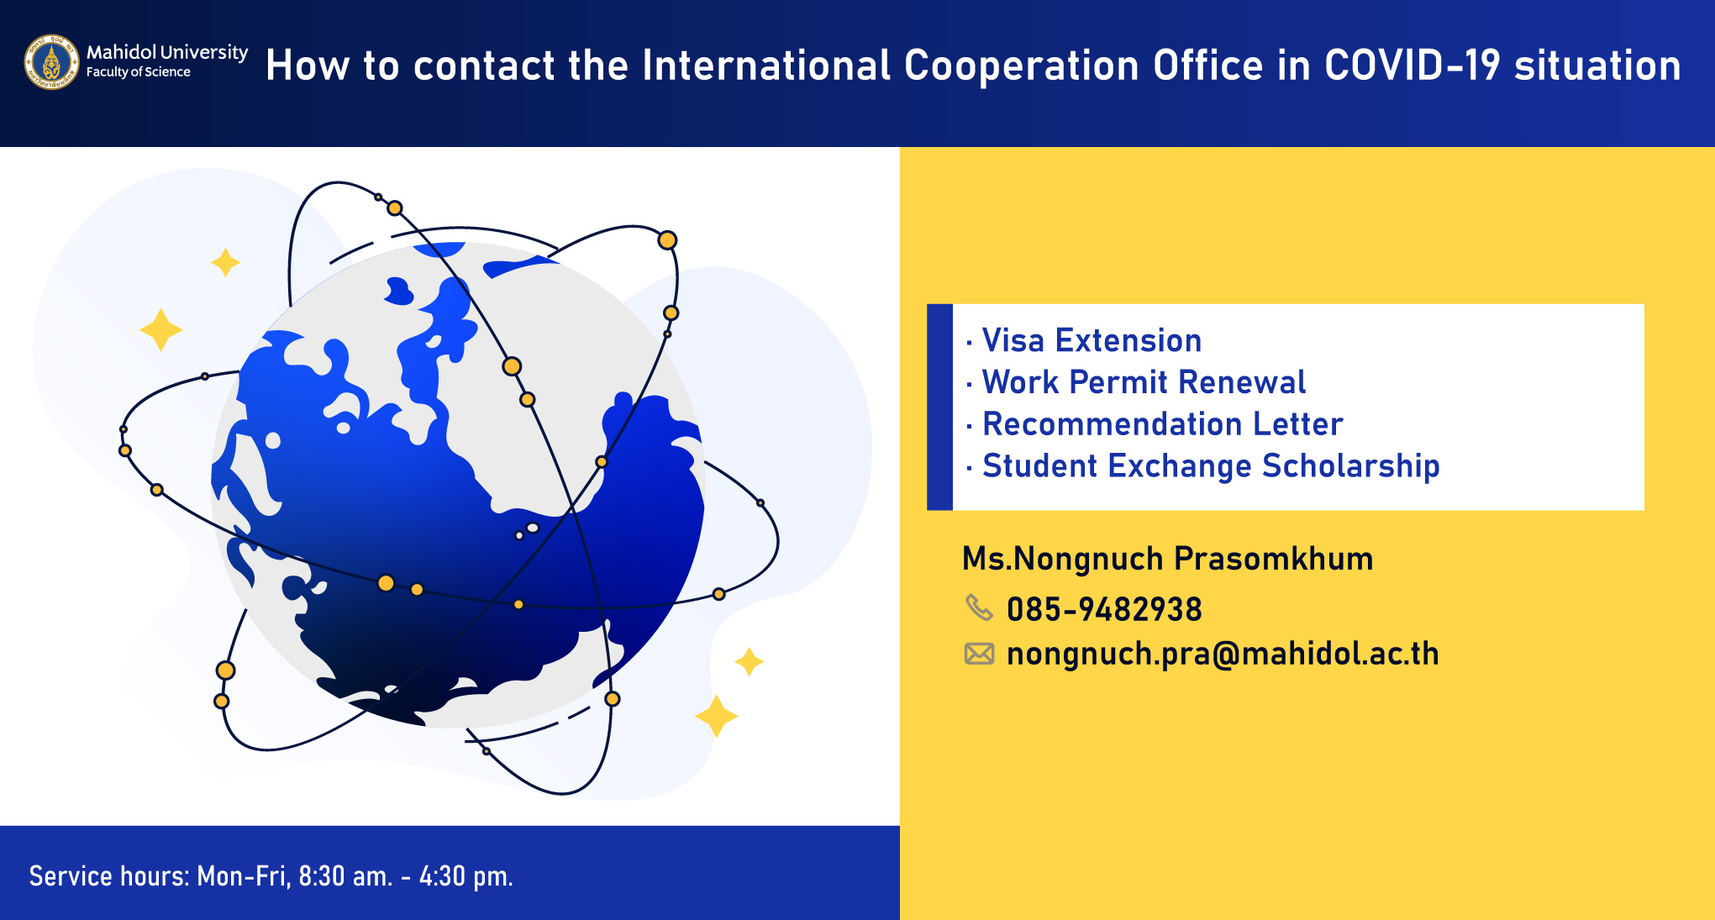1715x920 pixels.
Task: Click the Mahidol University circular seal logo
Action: (x=52, y=62)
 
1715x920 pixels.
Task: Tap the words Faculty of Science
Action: (x=139, y=72)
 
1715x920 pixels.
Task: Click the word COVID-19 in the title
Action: (x=1413, y=66)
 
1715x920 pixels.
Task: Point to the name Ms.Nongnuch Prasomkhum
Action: (x=1168, y=559)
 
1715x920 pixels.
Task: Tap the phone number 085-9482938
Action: (x=1104, y=609)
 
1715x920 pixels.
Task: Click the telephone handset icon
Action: (x=979, y=607)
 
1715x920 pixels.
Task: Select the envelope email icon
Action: (x=979, y=654)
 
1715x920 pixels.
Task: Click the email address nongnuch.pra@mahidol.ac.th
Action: (x=1223, y=654)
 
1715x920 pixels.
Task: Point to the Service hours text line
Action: (x=271, y=876)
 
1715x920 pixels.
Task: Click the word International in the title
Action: (x=766, y=66)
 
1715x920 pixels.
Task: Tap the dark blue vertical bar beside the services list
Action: (x=939, y=407)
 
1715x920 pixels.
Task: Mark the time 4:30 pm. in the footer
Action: (x=466, y=876)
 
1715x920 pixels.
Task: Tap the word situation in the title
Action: (x=1597, y=66)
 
